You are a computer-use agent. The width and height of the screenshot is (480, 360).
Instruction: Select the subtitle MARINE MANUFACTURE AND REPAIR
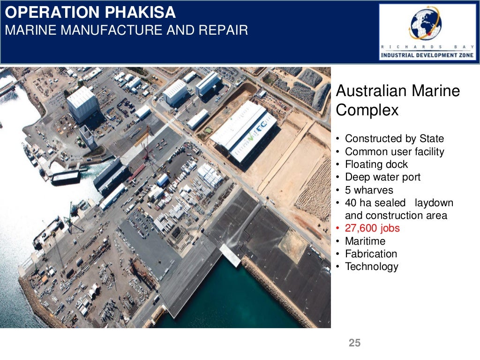coord(126,31)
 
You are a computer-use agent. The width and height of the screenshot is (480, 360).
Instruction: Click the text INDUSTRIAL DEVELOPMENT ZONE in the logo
coord(427,55)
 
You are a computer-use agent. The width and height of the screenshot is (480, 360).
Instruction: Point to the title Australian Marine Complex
coord(398,100)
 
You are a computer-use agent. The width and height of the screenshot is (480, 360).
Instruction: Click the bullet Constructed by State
coord(394,139)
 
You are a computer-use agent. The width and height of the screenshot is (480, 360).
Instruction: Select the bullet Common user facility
coord(394,151)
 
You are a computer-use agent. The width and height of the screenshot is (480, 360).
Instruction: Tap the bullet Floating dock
coord(376,165)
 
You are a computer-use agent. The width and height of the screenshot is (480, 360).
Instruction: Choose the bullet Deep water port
coord(382,177)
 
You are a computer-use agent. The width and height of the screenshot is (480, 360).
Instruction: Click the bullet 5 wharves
coord(369,190)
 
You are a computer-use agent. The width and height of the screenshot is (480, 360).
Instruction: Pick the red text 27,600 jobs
coord(372,228)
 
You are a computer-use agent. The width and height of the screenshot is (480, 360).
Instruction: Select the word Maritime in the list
coord(365,241)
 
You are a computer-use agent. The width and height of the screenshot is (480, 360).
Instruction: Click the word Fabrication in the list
coord(371,254)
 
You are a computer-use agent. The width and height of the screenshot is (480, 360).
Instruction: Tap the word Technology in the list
coord(371,267)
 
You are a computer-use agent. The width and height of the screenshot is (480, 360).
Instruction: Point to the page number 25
coord(355,343)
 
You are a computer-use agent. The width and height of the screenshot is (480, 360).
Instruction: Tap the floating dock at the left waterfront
coord(65,177)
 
